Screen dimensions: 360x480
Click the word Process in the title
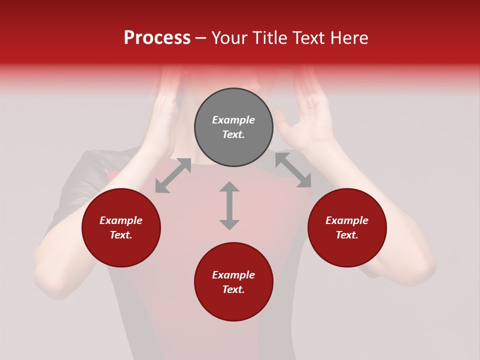[157, 38]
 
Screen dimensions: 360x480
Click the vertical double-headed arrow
[229, 205]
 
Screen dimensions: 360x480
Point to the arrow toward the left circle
[173, 175]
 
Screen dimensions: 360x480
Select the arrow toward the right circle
[293, 170]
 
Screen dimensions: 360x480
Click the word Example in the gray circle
[233, 120]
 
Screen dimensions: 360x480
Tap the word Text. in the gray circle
[233, 134]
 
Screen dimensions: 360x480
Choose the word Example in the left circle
[121, 220]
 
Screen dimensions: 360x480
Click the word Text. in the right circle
[347, 235]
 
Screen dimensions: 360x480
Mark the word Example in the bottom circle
[233, 275]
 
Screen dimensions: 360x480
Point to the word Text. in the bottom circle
[233, 289]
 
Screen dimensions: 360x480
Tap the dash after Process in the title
[201, 38]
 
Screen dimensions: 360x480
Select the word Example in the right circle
[347, 220]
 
